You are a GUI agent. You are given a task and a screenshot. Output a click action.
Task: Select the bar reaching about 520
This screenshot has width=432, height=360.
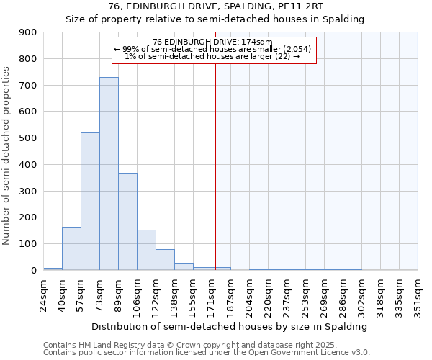pos(90,202)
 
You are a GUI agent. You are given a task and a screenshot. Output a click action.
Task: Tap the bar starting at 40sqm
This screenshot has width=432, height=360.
pos(71,248)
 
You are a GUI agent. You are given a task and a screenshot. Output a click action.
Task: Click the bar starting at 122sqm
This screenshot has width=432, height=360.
pos(165,260)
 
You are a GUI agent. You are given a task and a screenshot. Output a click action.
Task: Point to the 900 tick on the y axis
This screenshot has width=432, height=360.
pos(28,32)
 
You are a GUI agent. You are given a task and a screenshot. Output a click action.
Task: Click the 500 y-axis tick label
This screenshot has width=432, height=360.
pos(28,138)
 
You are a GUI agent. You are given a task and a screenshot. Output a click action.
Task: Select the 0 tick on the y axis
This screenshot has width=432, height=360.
pos(33,271)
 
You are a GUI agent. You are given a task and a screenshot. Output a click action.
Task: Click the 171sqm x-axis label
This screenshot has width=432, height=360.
pos(212,293)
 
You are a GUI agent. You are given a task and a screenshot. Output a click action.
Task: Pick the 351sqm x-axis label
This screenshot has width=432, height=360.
pos(418,293)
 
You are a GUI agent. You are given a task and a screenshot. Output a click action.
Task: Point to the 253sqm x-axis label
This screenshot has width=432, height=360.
pos(306,293)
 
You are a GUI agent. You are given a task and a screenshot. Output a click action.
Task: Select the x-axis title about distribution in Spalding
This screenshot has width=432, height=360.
pos(230,326)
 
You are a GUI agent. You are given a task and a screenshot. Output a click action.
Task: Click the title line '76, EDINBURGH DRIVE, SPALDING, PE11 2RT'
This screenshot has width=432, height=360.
pos(215,6)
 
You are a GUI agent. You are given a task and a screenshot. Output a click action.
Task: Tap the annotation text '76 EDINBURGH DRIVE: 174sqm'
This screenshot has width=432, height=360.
pos(213,42)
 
